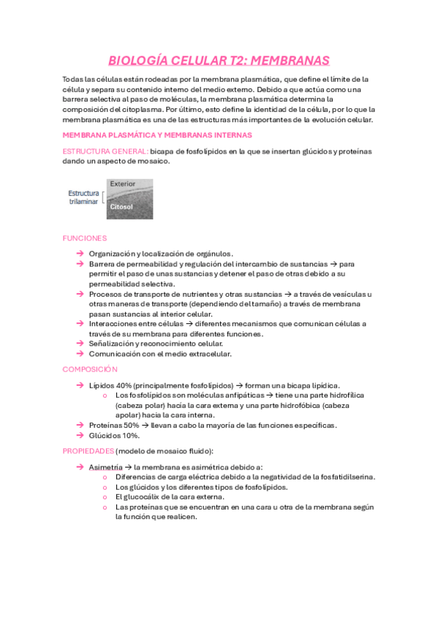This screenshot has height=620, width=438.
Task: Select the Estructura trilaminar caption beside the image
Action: pyautogui.click(x=84, y=197)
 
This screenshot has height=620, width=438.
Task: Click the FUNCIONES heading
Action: pyautogui.click(x=85, y=238)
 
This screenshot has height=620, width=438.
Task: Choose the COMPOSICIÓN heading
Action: pyautogui.click(x=90, y=369)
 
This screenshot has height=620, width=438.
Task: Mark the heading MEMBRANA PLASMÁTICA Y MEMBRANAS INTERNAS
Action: pyautogui.click(x=157, y=135)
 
